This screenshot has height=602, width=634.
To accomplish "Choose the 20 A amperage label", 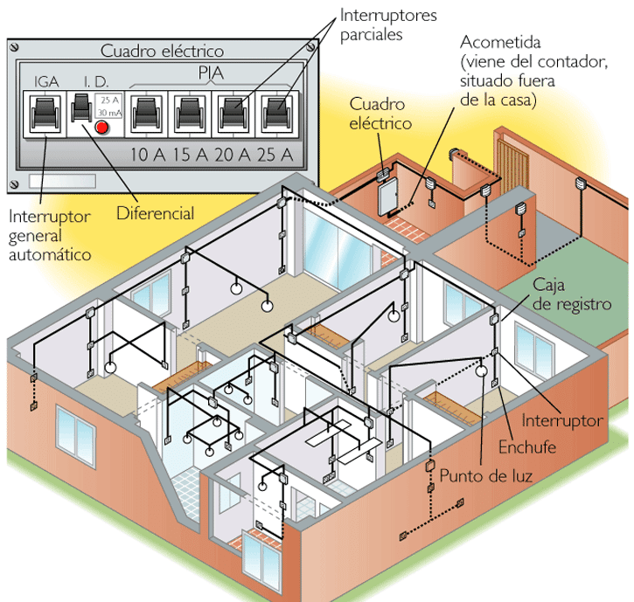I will click(232, 156).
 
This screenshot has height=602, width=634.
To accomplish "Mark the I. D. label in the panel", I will click(95, 82).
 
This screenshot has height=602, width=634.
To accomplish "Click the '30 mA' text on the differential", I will click(109, 114).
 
